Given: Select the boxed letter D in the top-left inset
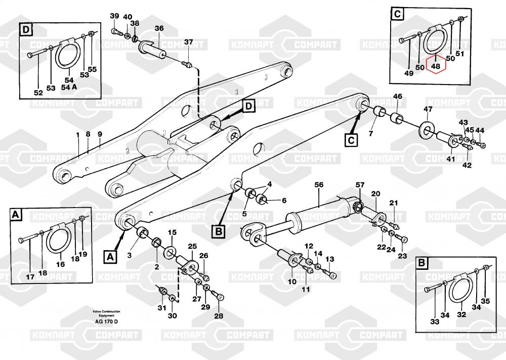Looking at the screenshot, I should tap(26, 30).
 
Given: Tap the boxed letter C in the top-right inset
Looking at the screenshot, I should tap(398, 15).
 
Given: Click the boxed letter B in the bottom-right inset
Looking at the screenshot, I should tap(421, 263).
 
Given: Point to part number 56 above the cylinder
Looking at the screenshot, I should tap(319, 185).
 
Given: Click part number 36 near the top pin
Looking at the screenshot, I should tap(159, 28).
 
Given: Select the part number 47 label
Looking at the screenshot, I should tap(428, 109).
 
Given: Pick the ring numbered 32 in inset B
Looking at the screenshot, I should tap(462, 293).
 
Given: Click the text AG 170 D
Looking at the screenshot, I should tap(106, 322).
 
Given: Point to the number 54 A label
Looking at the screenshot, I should tap(69, 87).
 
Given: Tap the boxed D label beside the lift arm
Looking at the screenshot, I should tap(249, 106).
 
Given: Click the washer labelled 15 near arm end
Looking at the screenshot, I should tap(170, 251).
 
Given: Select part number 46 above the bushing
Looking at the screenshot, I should tap(398, 96).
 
